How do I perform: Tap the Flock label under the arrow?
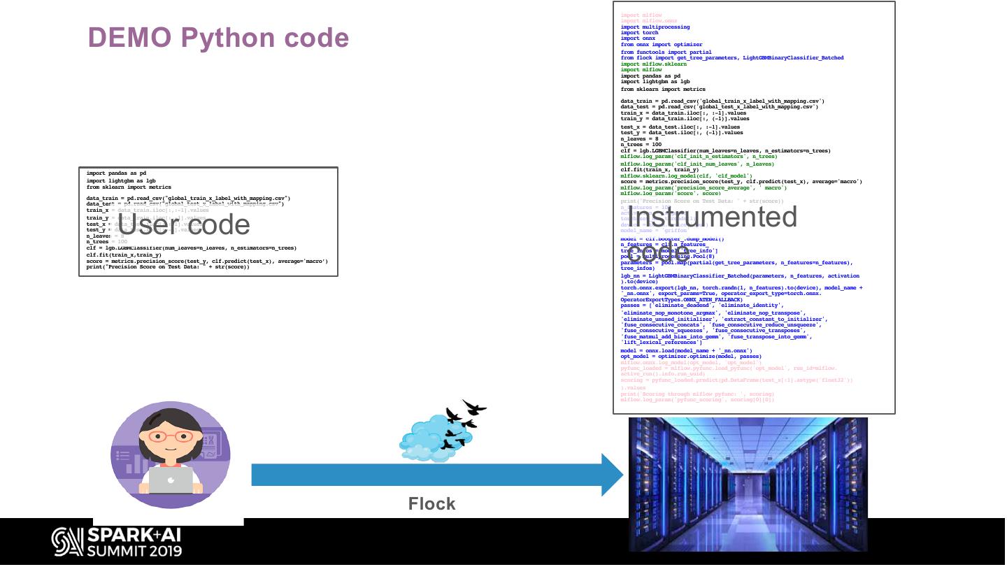tap(431, 503)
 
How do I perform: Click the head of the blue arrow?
tap(611, 475)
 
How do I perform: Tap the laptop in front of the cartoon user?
tap(171, 480)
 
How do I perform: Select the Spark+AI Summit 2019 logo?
tap(117, 542)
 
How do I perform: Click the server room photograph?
tap(748, 484)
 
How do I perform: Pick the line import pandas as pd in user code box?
tap(116, 173)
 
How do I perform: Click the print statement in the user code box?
tap(167, 267)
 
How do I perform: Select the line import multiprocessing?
tap(655, 27)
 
